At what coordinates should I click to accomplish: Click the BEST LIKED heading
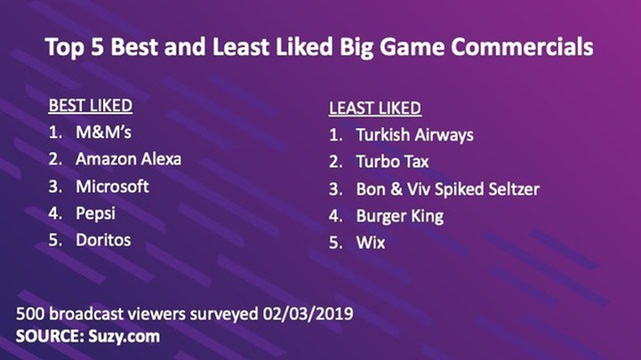coord(90,106)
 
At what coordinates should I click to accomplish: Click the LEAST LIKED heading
coord(375,108)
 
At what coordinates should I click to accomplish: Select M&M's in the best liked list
coord(103,132)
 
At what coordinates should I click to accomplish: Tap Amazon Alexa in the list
coord(128,159)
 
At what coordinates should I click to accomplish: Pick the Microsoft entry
coord(112,187)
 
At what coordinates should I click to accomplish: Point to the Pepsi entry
coord(96,213)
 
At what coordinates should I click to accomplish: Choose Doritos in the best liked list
coord(103,240)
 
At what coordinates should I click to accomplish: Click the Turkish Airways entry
coord(414,135)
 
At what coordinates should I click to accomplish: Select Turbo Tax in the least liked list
coord(392,162)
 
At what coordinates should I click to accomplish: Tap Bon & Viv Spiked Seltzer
coord(448,189)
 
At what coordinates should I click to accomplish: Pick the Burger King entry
coord(400,216)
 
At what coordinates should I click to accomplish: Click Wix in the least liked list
coord(370,243)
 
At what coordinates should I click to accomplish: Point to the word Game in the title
coord(412,47)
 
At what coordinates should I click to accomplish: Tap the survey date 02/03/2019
coord(308,314)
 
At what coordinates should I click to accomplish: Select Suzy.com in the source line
coord(124,337)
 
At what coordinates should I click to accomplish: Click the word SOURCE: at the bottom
coord(50,336)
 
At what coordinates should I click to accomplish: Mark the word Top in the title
coord(65,47)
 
